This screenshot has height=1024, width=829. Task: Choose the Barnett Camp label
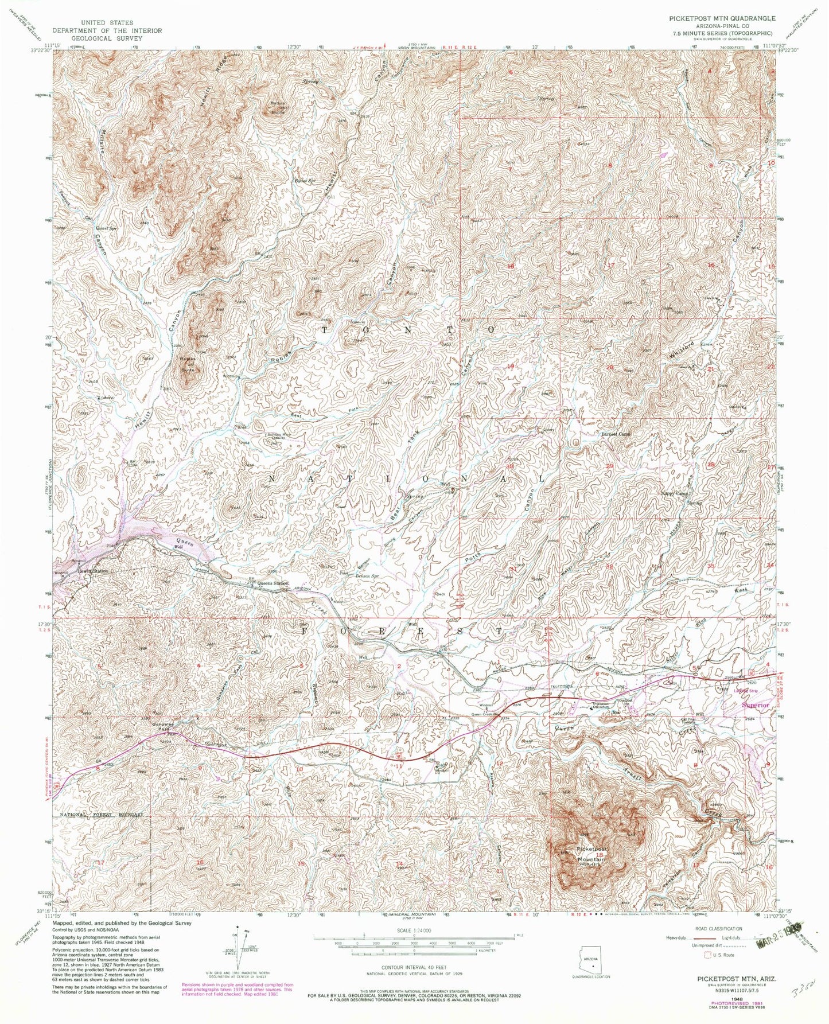[616, 434]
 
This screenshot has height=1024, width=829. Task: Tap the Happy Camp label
[672, 493]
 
